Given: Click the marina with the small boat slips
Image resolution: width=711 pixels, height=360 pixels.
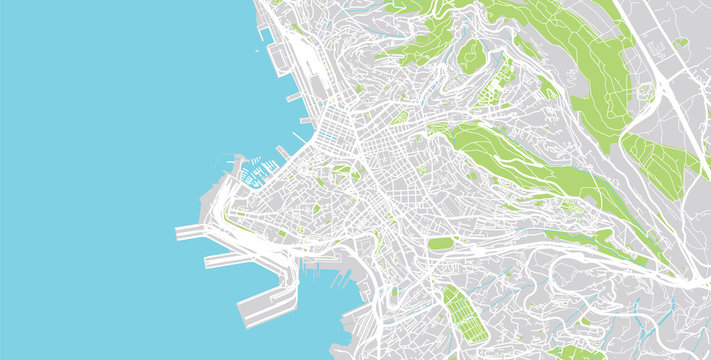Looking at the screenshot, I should pos(256,166).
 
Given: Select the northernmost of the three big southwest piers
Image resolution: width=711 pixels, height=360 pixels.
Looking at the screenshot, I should pos(191,232).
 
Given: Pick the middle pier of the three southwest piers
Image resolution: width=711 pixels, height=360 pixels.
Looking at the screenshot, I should pos(222,260).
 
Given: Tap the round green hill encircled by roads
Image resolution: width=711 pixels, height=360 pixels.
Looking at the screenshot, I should pos(471,55).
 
